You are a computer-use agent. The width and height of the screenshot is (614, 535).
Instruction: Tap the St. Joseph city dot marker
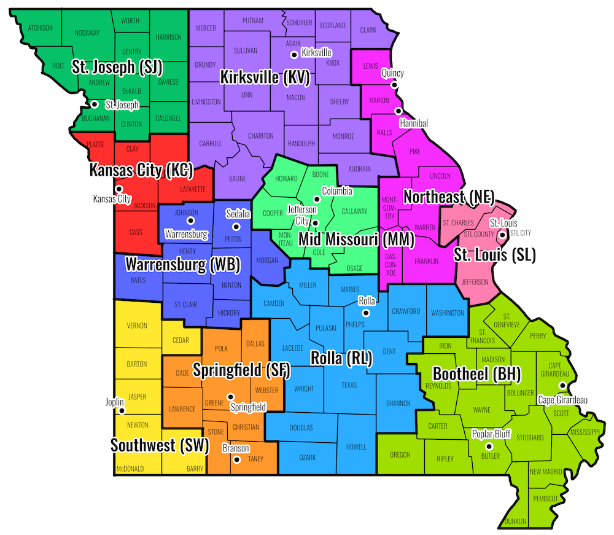click(95, 104)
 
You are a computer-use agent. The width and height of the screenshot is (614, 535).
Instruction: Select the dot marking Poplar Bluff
click(489, 446)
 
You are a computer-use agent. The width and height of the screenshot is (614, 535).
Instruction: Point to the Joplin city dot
click(122, 410)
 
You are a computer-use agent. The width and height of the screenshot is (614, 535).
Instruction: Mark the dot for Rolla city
click(367, 313)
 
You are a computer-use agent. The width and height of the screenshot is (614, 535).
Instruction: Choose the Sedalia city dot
click(233, 225)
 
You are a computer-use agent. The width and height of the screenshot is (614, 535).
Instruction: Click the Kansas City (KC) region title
click(141, 170)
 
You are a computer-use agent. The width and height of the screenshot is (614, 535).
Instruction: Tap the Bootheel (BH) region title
click(476, 373)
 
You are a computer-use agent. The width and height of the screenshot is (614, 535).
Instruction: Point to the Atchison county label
click(40, 28)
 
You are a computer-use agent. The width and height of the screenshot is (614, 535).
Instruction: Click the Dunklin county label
click(516, 521)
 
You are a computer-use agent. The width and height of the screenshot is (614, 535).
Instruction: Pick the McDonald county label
click(130, 469)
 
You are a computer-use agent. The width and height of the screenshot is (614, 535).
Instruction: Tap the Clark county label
click(368, 29)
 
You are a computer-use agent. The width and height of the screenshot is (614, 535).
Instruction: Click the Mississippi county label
click(584, 432)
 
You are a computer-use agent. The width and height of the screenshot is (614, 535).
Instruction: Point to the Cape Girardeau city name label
click(562, 400)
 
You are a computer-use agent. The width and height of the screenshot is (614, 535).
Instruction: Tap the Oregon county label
click(400, 455)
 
